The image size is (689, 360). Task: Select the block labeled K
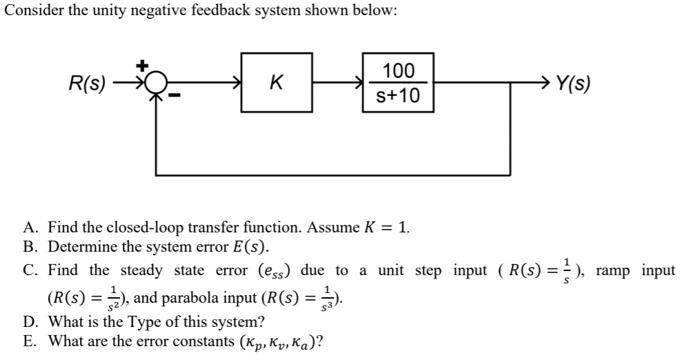coord(275,84)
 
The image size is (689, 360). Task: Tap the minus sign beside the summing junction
coord(175,101)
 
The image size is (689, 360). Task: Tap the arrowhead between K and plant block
coord(359,84)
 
